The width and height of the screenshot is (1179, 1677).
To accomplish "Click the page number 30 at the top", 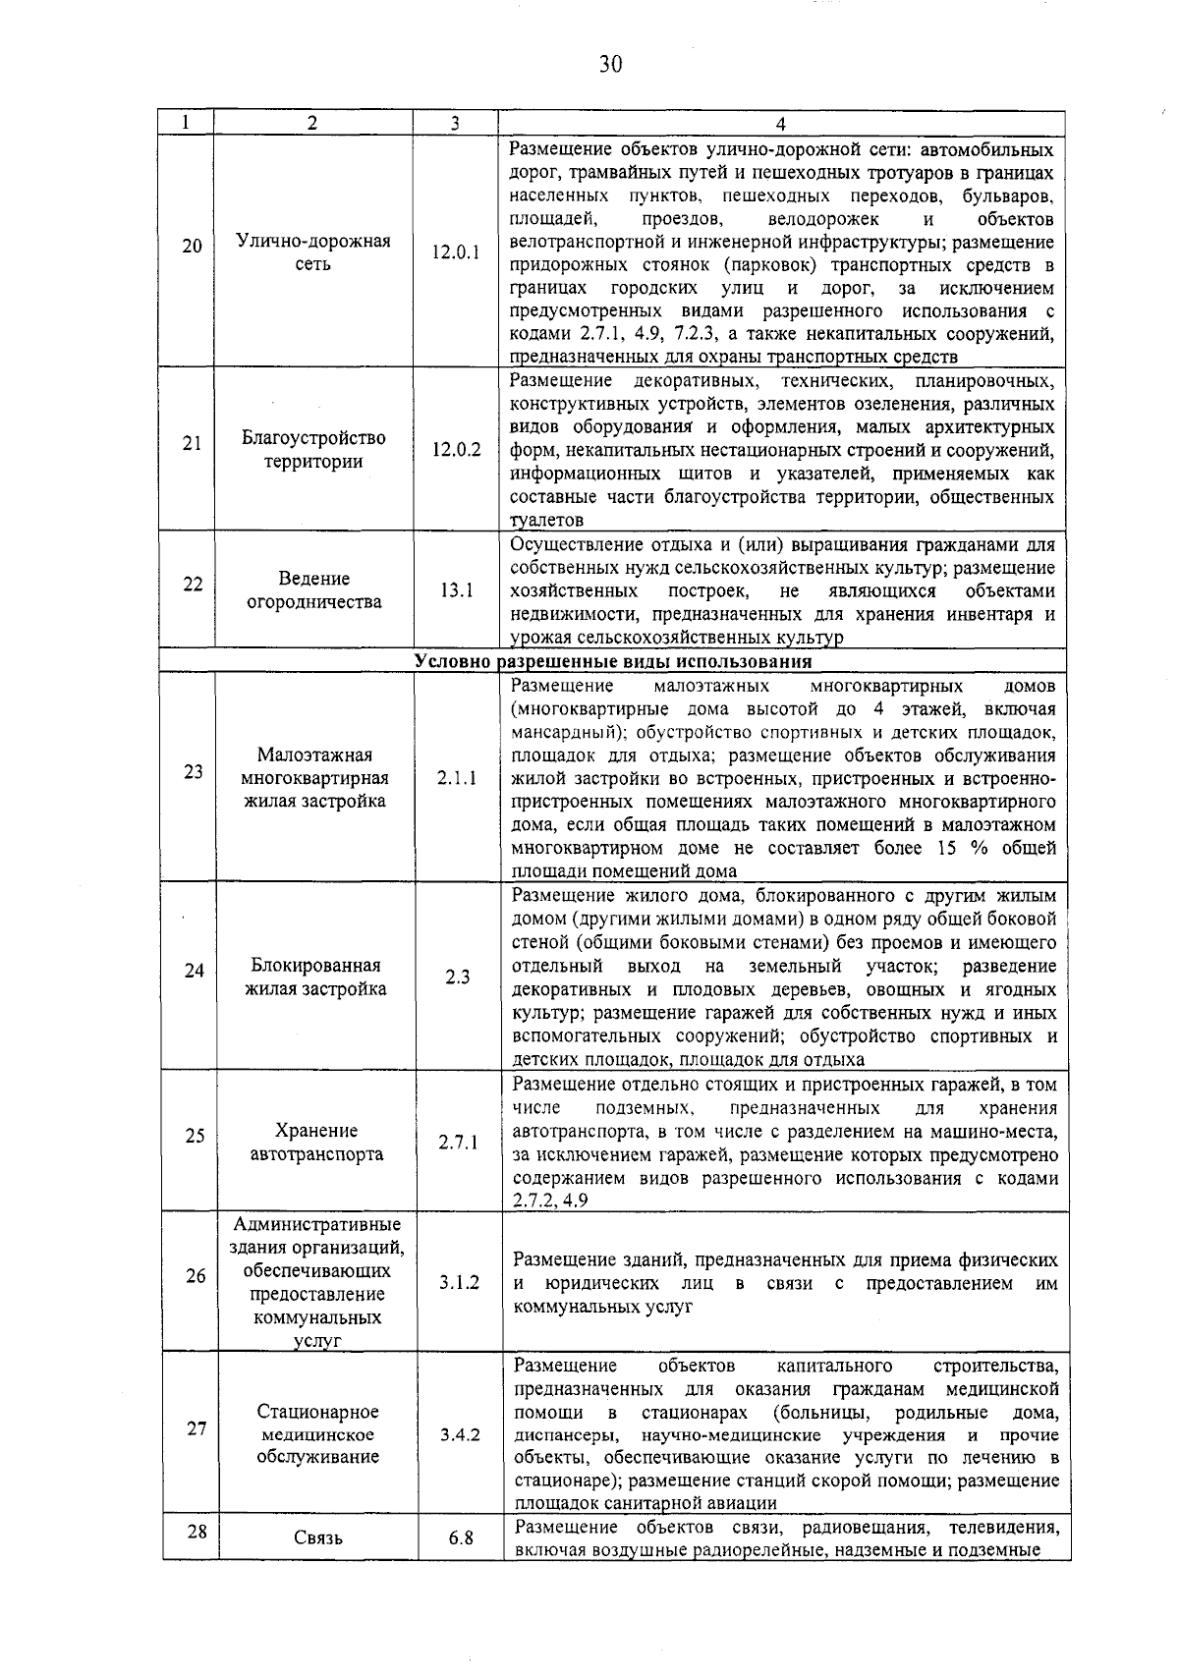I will (x=609, y=65).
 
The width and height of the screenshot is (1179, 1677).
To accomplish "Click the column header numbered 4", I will (x=780, y=124).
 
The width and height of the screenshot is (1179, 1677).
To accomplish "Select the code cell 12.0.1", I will (x=457, y=252).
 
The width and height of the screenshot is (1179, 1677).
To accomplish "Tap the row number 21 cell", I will (x=193, y=443).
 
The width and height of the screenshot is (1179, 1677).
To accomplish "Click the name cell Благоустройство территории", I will (x=313, y=450).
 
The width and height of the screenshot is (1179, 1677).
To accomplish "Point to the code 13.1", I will (x=457, y=590).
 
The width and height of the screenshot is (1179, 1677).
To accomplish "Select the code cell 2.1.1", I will (x=457, y=778).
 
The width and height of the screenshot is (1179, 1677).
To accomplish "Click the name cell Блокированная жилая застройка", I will (x=315, y=978).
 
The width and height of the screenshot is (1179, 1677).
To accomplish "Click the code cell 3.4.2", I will (x=459, y=1434).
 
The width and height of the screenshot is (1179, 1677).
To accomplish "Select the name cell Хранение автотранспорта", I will (x=316, y=1143).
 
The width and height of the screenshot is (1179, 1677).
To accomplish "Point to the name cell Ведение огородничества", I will (x=313, y=590).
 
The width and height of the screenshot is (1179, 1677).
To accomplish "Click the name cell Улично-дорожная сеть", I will (x=313, y=252).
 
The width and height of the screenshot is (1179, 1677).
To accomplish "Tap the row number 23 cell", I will (x=193, y=771).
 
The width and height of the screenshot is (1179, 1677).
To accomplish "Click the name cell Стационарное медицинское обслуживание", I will (x=317, y=1434).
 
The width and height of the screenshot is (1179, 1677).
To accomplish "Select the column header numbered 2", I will (x=312, y=124).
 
